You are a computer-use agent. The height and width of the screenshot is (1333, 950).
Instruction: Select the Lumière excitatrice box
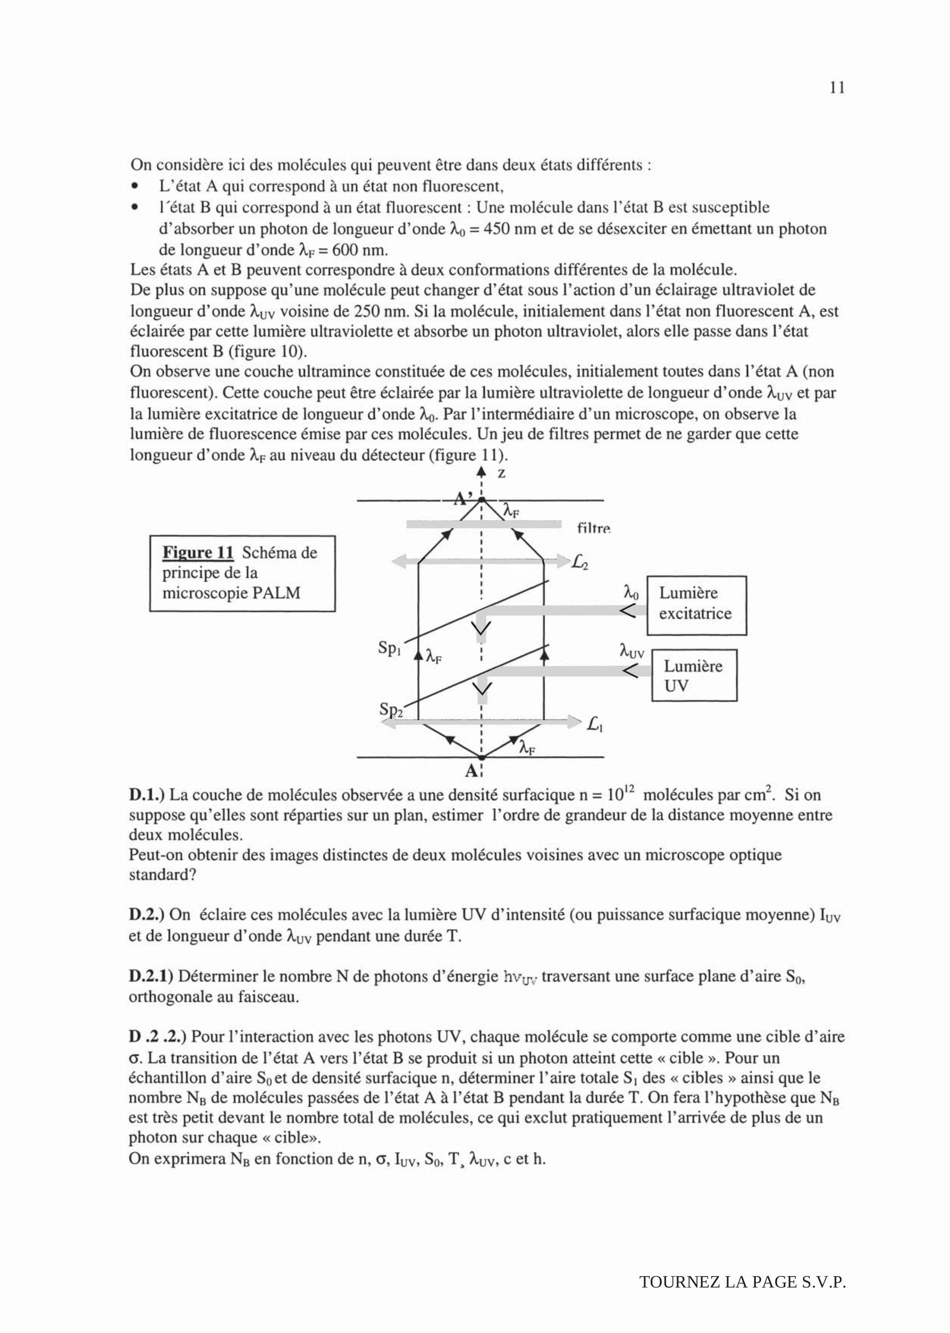click(696, 605)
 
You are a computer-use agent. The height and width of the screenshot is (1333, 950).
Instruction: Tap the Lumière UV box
click(694, 675)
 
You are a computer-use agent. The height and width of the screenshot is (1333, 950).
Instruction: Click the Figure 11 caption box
click(242, 573)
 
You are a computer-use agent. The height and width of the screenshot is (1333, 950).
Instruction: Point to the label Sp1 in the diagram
click(389, 648)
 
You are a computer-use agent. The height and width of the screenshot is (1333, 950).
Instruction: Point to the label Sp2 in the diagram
click(391, 710)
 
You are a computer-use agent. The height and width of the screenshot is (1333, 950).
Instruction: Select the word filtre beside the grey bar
click(594, 529)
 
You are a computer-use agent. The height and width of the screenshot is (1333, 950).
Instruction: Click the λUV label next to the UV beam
click(631, 651)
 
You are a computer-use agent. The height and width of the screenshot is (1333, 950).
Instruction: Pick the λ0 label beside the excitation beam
click(631, 593)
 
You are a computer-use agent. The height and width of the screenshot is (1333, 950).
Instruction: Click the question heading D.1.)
click(147, 795)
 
